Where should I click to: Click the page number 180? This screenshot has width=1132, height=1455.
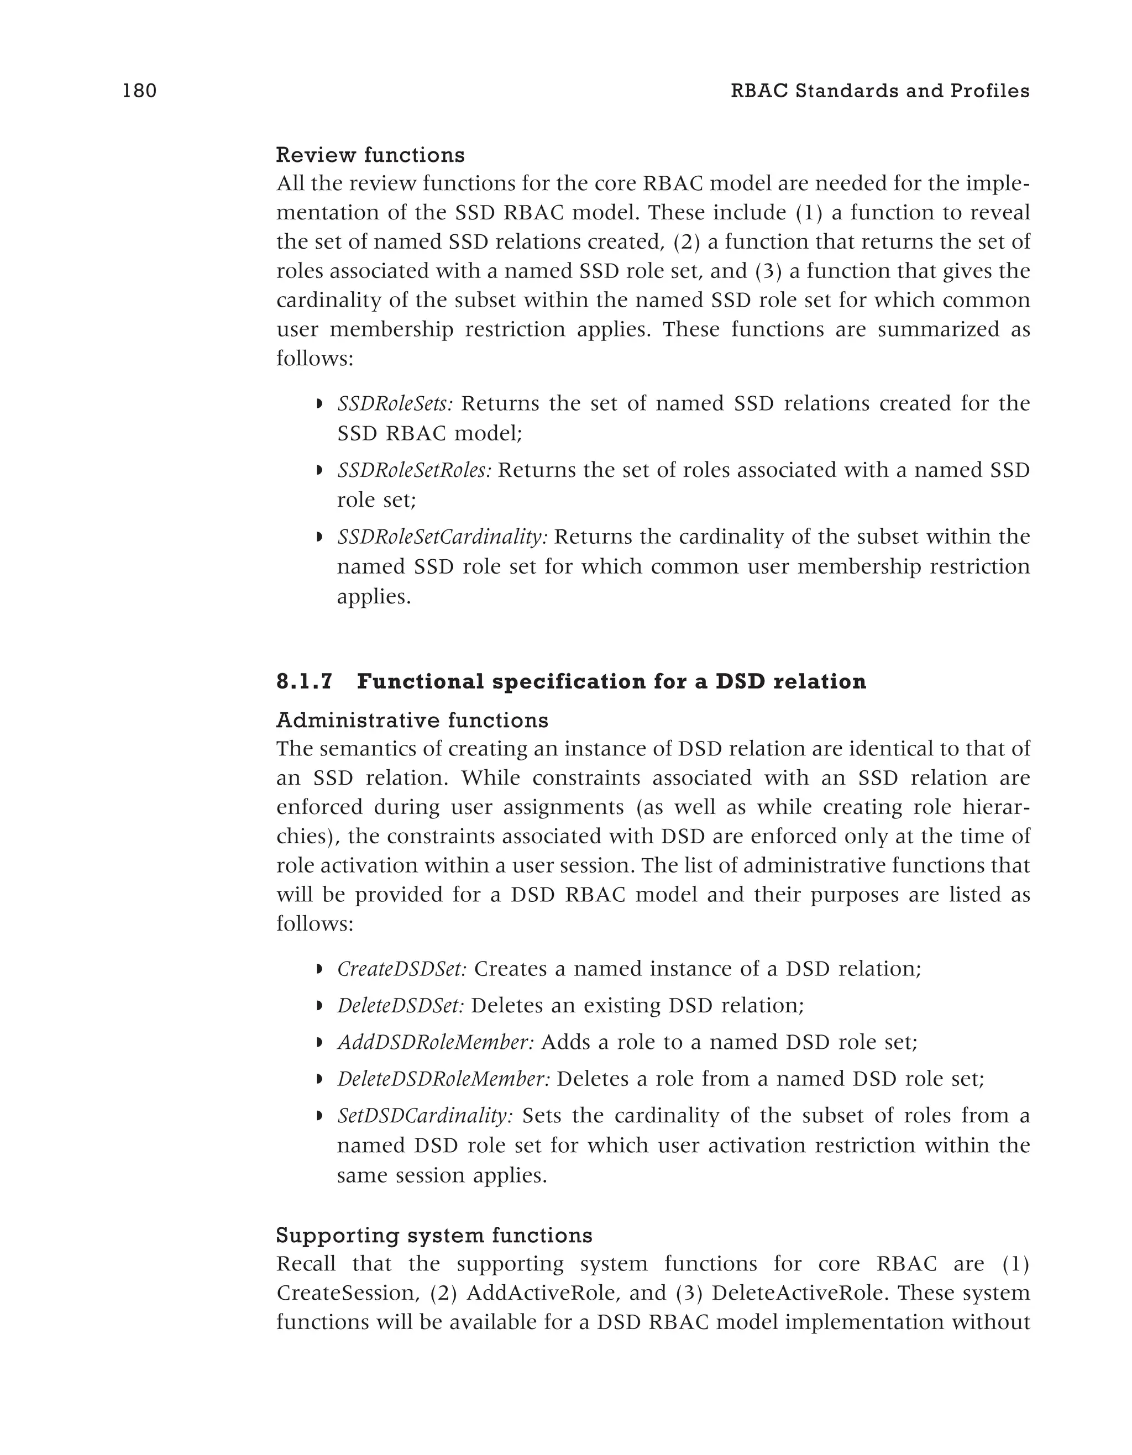point(139,91)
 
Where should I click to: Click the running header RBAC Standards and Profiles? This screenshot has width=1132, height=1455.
point(879,91)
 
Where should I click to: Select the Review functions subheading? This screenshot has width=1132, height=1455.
point(370,155)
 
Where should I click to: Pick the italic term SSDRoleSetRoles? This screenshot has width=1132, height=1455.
point(414,470)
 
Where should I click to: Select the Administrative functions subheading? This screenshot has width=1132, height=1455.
point(412,720)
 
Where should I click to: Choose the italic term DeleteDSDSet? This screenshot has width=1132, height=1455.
point(400,1005)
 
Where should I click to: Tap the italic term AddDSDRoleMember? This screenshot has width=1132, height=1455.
point(435,1042)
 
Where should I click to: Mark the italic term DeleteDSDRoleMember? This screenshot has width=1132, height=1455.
point(443,1079)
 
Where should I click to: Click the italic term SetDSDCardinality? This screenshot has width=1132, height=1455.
point(424,1115)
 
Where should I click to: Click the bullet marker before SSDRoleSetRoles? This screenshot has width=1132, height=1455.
point(320,471)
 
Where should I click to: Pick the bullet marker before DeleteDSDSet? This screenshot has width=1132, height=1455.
point(320,1006)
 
